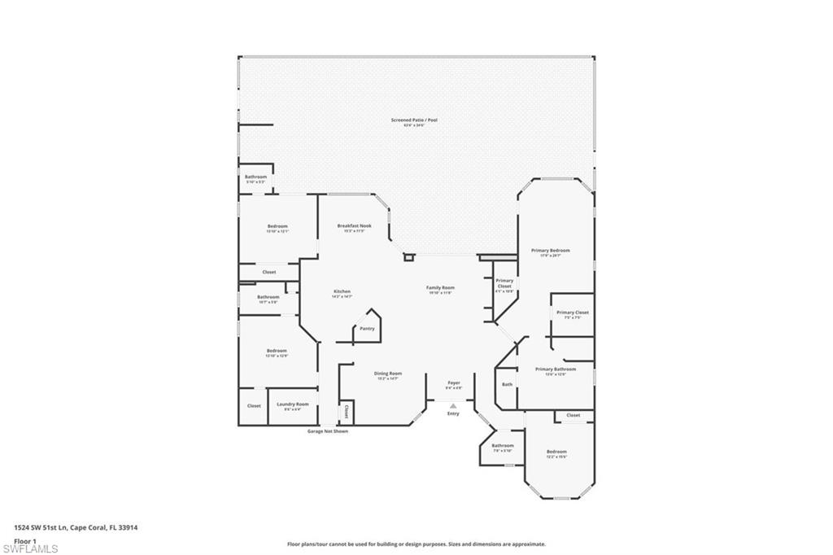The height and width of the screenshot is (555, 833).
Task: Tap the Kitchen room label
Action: coord(342,291)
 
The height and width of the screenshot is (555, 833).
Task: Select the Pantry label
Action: coord(367,328)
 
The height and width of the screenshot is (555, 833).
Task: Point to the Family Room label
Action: coord(441,287)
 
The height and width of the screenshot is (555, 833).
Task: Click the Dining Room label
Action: coord(386,374)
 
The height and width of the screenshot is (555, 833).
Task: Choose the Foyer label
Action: coord(454,382)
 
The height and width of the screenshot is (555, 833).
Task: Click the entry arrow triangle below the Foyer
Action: coord(453,404)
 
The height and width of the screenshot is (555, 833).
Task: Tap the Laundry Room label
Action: coord(292,404)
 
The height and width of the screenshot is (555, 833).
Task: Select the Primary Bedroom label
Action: coord(550,251)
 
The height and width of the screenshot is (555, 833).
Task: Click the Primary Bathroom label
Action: coord(556,369)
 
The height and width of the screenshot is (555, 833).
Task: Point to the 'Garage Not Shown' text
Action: coord(327,431)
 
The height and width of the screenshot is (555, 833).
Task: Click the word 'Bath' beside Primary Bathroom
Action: coord(507,384)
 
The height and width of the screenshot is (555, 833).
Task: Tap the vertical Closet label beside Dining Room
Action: coord(347,411)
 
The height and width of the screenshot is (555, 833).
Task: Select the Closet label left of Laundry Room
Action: coord(254,405)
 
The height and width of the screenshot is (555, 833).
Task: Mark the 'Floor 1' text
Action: coord(24,540)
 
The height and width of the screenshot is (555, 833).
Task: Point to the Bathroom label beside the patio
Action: coord(255,177)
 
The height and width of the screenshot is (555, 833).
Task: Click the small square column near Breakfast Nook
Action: coord(409,257)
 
